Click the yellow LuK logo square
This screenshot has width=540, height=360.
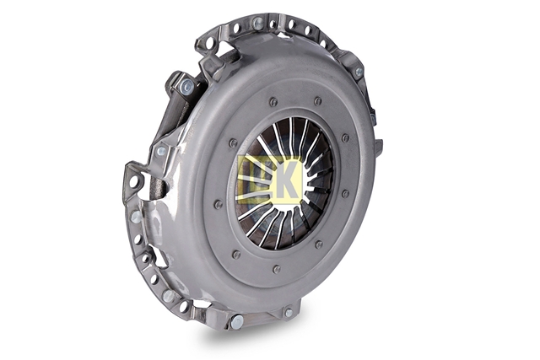click(269, 179)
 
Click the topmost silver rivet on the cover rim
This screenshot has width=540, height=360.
click(256, 23)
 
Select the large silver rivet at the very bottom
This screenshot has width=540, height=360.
click(237, 321)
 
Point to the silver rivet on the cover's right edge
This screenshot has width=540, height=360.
click(358, 72)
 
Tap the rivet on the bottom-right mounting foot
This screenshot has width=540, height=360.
click(289, 313)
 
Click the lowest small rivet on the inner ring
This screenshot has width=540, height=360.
click(276, 269)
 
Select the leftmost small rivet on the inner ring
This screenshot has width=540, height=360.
click(218, 204)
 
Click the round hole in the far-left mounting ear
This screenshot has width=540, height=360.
click(133, 180)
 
